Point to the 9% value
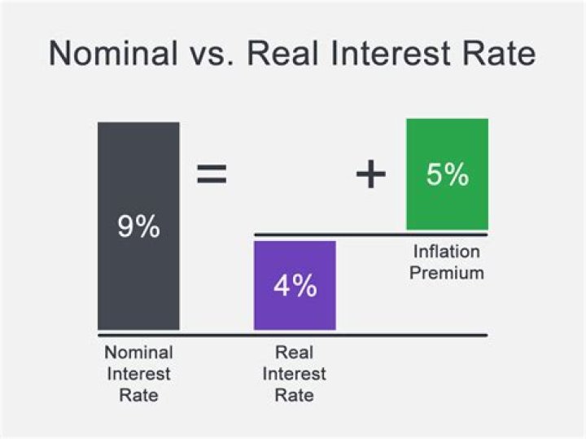(138, 226)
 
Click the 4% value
(295, 286)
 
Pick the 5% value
(447, 174)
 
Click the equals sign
(212, 174)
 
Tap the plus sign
(370, 174)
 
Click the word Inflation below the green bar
(446, 252)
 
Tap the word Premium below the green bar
(446, 272)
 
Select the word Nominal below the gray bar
(138, 353)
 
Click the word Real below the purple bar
(295, 353)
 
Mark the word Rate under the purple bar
(295, 396)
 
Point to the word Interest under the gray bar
(138, 375)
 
